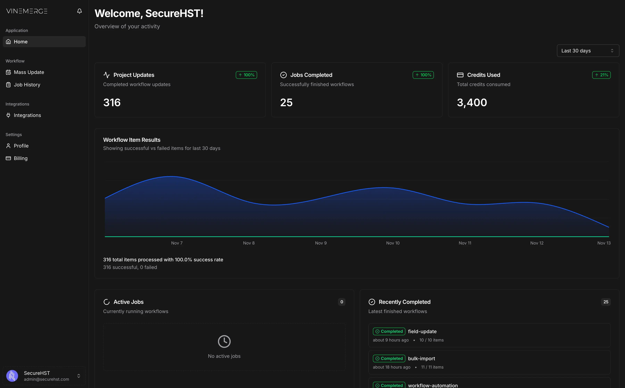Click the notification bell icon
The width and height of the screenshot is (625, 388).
click(x=80, y=11)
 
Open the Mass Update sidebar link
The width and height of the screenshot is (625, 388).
click(x=29, y=72)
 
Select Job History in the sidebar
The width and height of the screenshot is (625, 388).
click(x=27, y=85)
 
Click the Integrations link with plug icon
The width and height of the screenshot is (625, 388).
click(x=27, y=115)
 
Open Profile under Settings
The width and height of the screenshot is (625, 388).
click(x=21, y=146)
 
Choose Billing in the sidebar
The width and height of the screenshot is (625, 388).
click(x=20, y=158)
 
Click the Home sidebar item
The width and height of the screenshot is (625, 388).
click(x=20, y=42)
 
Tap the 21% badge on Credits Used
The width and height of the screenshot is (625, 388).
click(x=601, y=75)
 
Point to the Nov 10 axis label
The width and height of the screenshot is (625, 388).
click(x=393, y=243)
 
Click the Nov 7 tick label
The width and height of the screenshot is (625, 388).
click(x=177, y=243)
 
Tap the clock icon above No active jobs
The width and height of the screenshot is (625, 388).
click(x=224, y=341)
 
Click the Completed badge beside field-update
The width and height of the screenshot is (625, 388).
click(x=389, y=331)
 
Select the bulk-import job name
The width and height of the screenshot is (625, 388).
click(x=422, y=359)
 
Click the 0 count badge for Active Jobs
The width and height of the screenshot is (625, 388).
click(x=341, y=302)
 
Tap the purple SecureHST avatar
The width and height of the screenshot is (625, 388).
click(x=12, y=376)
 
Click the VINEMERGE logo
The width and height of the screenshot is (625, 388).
click(x=27, y=11)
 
